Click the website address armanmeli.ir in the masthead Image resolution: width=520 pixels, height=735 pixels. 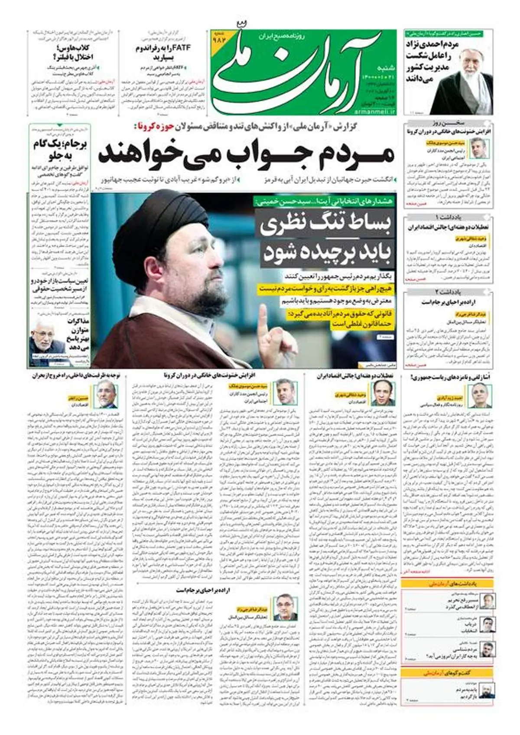tap(377, 111)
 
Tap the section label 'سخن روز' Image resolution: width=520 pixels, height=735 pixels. tap(449, 122)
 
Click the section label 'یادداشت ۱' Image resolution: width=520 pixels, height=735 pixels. tap(448, 217)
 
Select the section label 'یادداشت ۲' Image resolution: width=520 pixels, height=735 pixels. tap(448, 292)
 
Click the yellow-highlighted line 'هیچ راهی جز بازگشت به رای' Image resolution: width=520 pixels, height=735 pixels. tap(325, 288)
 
